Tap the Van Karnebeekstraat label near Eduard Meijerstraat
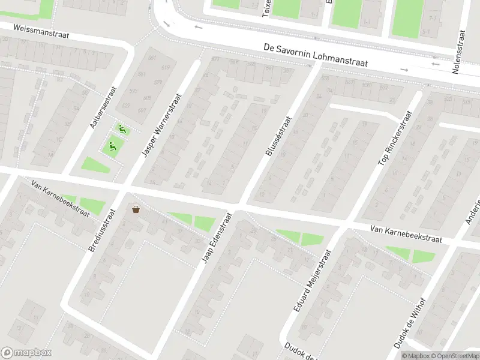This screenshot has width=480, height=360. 406,234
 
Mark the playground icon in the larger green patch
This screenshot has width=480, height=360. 112,145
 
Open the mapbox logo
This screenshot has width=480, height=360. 26,352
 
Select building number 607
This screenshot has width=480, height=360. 142,110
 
